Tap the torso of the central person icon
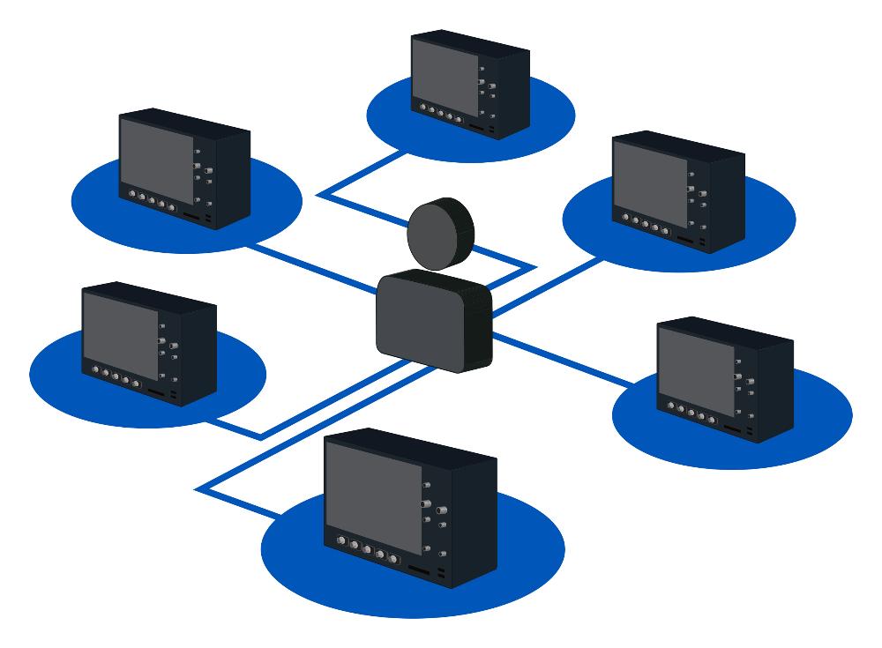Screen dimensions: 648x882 432,322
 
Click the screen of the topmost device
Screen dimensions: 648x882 445,74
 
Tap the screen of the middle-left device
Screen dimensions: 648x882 119,325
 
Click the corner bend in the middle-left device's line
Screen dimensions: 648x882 261,436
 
